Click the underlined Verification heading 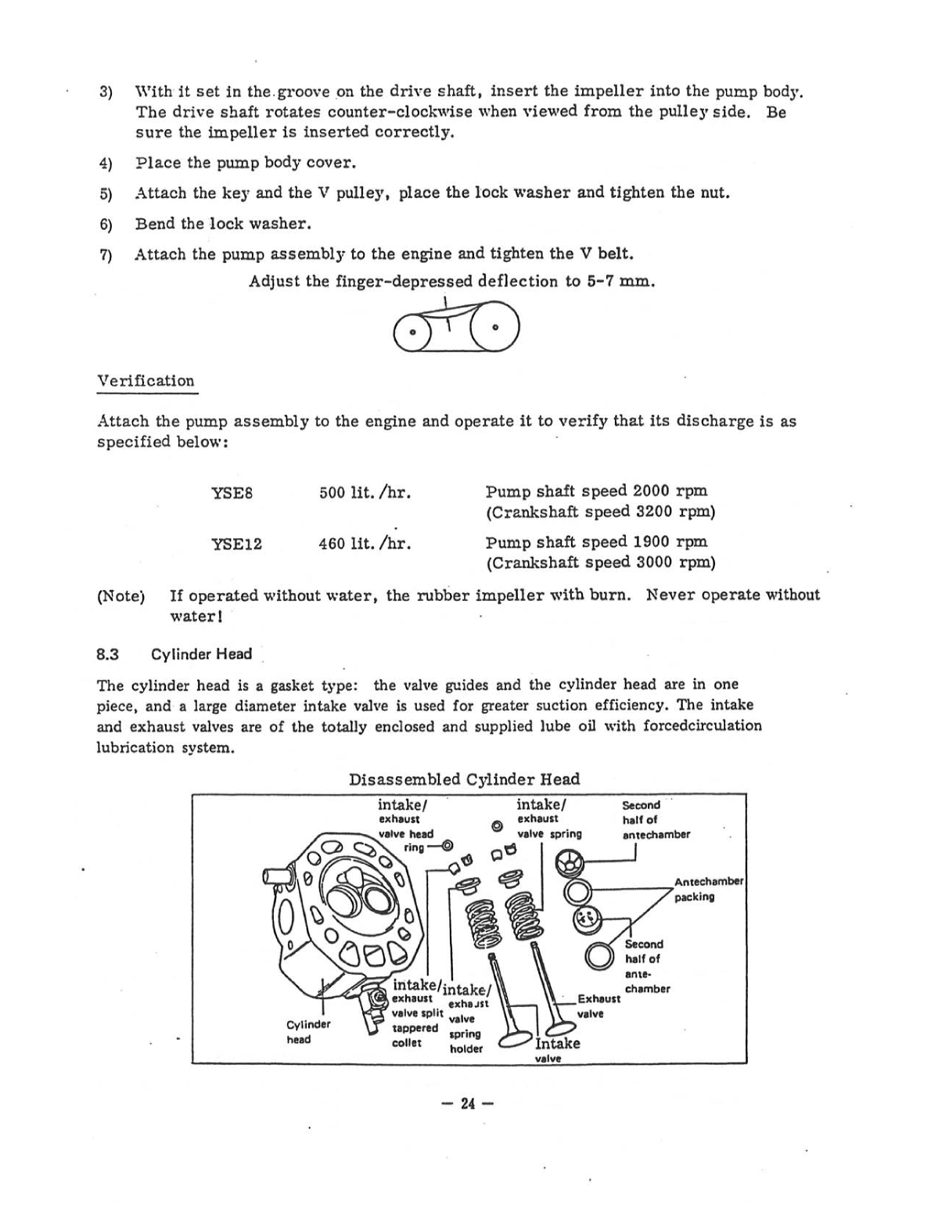point(146,381)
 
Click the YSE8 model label point(232,493)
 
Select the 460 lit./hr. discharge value point(365,543)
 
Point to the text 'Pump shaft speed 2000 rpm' point(596,491)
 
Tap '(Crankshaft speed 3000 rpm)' point(601,563)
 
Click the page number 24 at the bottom point(467,1103)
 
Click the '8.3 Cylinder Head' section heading point(174,654)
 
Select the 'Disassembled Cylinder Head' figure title point(464,779)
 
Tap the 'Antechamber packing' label point(708,889)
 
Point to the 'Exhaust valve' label point(598,1005)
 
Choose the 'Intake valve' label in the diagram point(557,1049)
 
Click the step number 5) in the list point(106,193)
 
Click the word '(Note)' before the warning point(120,596)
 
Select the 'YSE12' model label point(236,544)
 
